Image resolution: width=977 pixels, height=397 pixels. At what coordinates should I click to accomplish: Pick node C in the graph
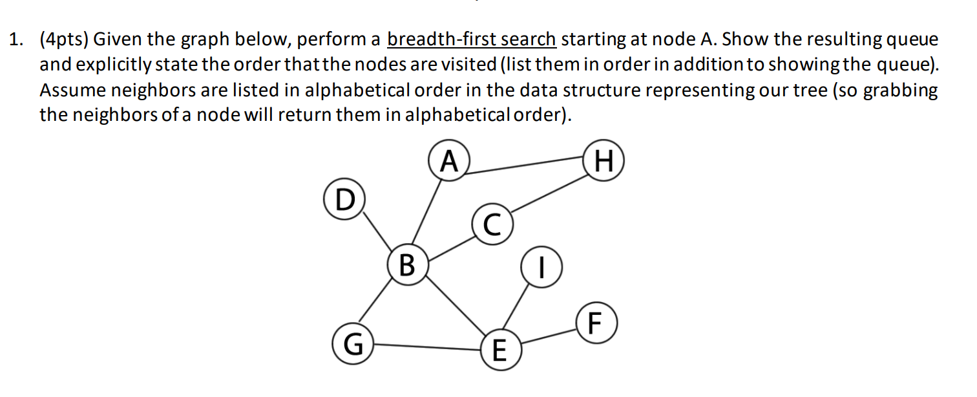coord(492,224)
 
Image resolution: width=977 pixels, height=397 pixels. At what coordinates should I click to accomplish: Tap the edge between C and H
coord(548,194)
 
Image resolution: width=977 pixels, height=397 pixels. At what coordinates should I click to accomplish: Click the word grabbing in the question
coord(899,91)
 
